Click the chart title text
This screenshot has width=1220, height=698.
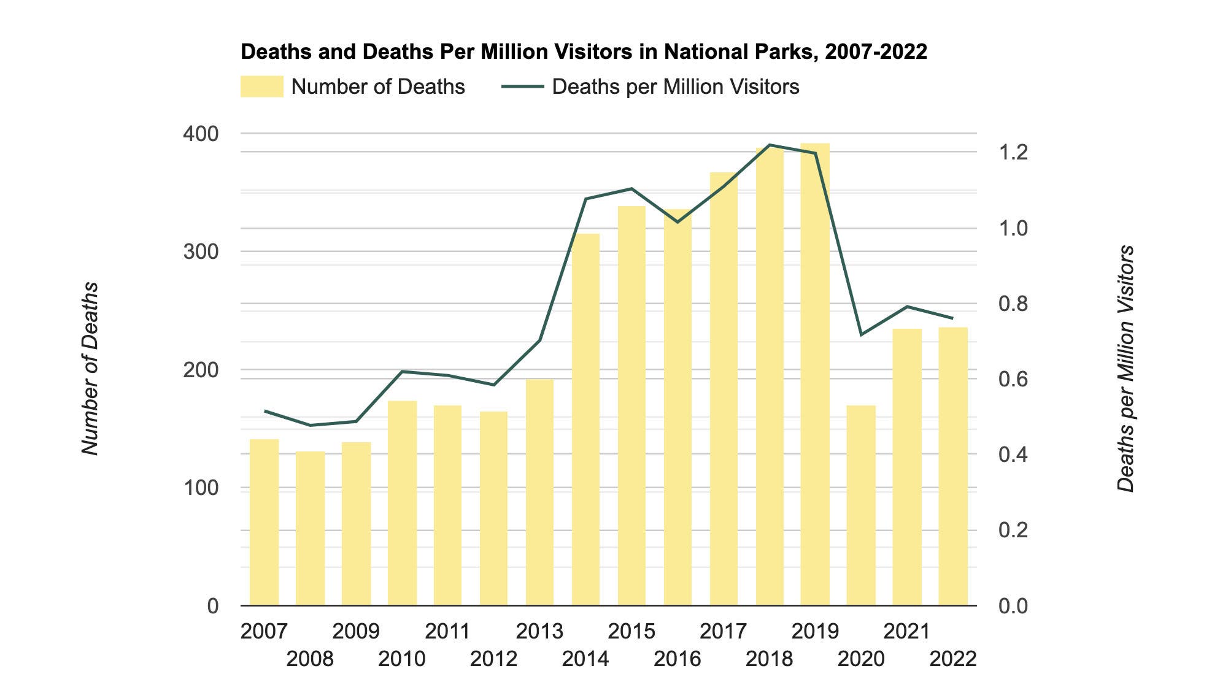point(584,52)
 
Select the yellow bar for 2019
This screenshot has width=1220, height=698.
point(815,374)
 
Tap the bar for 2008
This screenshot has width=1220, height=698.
point(310,529)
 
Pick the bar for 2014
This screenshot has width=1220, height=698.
point(585,420)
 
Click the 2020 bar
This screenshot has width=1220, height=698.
point(861,505)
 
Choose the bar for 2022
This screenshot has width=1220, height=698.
point(953,466)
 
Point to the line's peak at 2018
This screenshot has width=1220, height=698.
point(770,145)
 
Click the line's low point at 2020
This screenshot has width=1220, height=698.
point(861,335)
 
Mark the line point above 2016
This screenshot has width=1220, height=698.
point(678,222)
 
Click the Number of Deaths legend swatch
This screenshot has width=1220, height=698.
point(261,86)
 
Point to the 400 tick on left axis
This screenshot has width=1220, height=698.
point(201,134)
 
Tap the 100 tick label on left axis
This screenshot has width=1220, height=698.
point(201,488)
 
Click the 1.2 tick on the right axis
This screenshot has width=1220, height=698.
point(1013,152)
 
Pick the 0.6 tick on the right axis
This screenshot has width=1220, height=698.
point(1013,379)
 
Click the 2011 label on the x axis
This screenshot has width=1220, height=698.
point(447,631)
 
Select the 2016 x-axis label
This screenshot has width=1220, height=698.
point(677,659)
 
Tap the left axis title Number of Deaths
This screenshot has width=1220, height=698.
point(90,368)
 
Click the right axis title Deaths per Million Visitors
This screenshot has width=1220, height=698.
point(1125,368)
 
